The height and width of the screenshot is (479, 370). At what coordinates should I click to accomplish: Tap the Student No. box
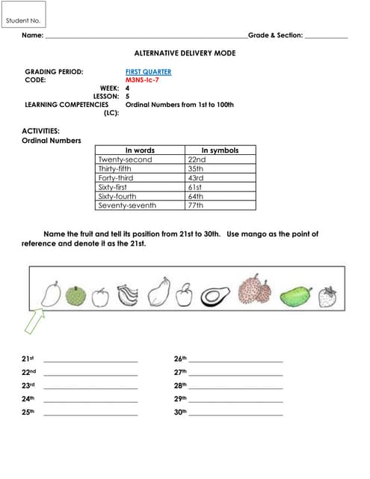[x=23, y=21]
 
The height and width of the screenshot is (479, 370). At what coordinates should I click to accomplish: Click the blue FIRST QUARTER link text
[x=148, y=72]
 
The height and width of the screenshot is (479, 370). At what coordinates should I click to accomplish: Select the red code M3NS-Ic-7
[x=142, y=80]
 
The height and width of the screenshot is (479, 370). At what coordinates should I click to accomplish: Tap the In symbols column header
[x=220, y=150]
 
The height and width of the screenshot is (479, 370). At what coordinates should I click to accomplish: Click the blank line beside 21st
[x=90, y=361]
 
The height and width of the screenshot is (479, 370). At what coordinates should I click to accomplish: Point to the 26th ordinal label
[x=179, y=359]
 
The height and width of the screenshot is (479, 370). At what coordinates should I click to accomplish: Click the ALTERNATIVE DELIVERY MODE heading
[x=185, y=53]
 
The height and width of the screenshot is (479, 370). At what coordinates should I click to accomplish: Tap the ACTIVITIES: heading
[x=40, y=131]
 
